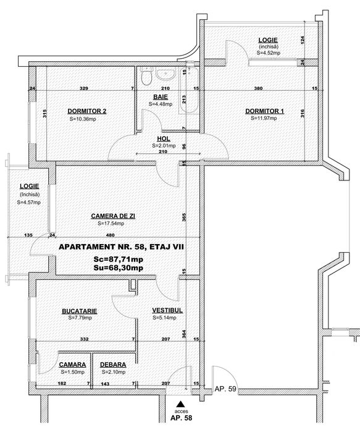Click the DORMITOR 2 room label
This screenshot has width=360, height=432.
click(x=87, y=111)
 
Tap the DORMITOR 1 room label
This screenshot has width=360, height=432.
click(x=264, y=111)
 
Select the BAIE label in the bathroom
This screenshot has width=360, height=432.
click(x=161, y=97)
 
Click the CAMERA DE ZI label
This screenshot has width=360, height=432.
click(x=113, y=216)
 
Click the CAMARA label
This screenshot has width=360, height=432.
click(x=72, y=365)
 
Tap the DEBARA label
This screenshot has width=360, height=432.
click(x=113, y=365)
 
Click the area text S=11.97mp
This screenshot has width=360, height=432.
click(x=264, y=119)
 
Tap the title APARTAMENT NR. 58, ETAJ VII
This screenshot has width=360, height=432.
click(x=121, y=247)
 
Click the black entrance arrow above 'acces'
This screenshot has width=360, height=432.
click(x=180, y=402)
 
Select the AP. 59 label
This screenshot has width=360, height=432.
click(x=227, y=390)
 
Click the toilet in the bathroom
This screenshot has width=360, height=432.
click(x=146, y=78)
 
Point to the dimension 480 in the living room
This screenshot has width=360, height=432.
click(x=111, y=235)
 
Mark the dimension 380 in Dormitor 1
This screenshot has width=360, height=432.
click(x=259, y=88)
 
